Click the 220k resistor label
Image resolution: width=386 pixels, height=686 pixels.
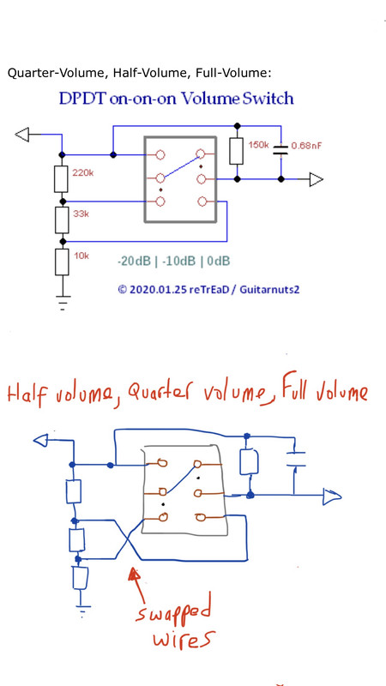[82, 173]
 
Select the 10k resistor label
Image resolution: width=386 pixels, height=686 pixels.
[81, 256]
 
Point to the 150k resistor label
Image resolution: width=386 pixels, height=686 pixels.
[258, 145]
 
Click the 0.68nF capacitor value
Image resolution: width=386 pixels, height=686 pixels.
[306, 146]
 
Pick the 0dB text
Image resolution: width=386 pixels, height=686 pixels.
[218, 262]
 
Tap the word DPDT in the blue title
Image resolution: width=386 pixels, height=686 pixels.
[82, 99]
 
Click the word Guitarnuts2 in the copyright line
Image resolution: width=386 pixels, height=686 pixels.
[269, 289]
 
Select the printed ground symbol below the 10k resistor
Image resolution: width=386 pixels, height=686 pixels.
[63, 303]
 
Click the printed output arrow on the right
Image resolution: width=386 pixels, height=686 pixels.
[317, 179]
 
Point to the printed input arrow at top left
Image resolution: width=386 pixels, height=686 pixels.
[22, 134]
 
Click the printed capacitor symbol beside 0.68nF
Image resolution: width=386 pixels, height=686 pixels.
[280, 150]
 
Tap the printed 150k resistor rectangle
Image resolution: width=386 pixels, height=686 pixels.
[237, 151]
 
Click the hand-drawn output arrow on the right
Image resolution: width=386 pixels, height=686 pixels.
[332, 497]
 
